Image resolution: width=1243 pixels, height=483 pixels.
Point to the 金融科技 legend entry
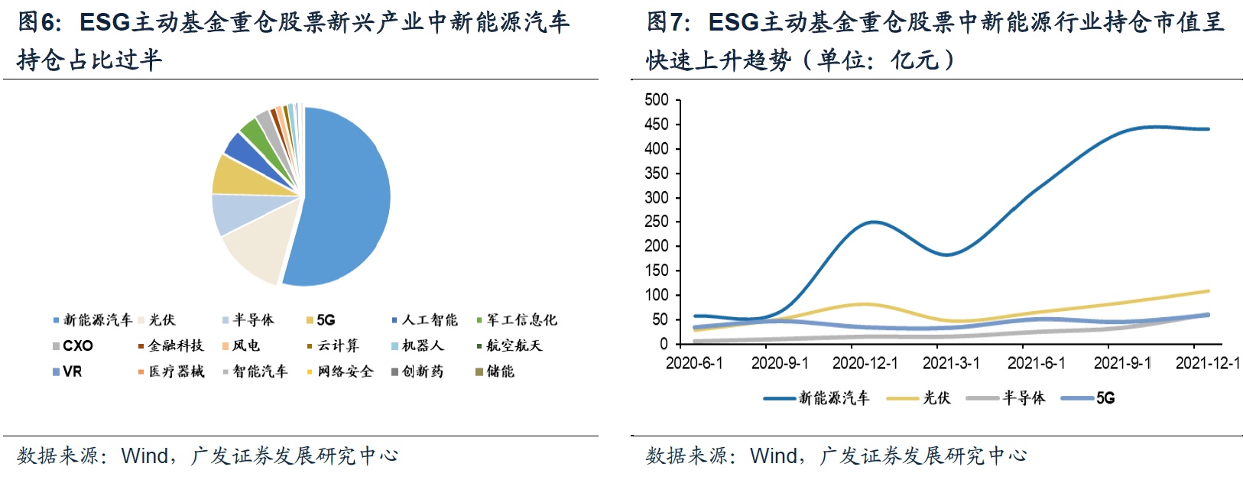coord(171,345)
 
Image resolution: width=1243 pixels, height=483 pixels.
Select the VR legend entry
coord(67,371)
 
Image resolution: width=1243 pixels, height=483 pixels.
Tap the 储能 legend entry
coord(495,371)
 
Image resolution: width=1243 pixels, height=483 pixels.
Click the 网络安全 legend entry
coord(340,371)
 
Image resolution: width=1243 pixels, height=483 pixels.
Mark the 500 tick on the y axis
coord(657,100)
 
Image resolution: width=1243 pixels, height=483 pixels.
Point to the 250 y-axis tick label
coord(657,222)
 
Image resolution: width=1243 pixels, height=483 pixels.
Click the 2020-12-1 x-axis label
coord(865,363)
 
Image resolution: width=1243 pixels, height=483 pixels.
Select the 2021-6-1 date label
coord(1036,363)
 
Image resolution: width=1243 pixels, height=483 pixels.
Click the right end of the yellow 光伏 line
coord(1209,290)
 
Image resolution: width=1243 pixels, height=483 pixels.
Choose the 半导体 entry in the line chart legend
coord(1005,397)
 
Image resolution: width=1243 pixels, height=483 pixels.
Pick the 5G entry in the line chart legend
coord(1088,397)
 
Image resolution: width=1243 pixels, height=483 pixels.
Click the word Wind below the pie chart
coord(144,455)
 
